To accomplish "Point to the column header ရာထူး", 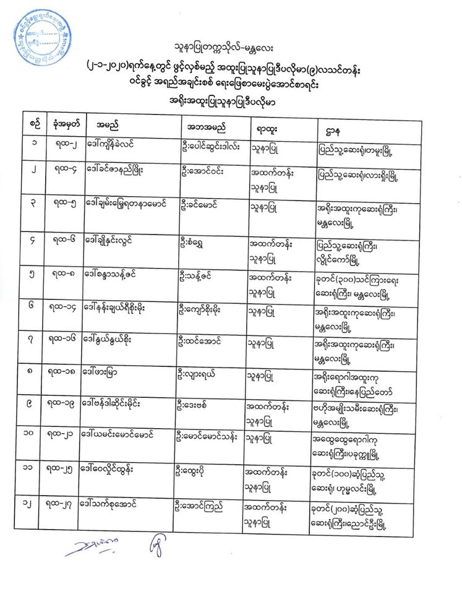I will point(265,129).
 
